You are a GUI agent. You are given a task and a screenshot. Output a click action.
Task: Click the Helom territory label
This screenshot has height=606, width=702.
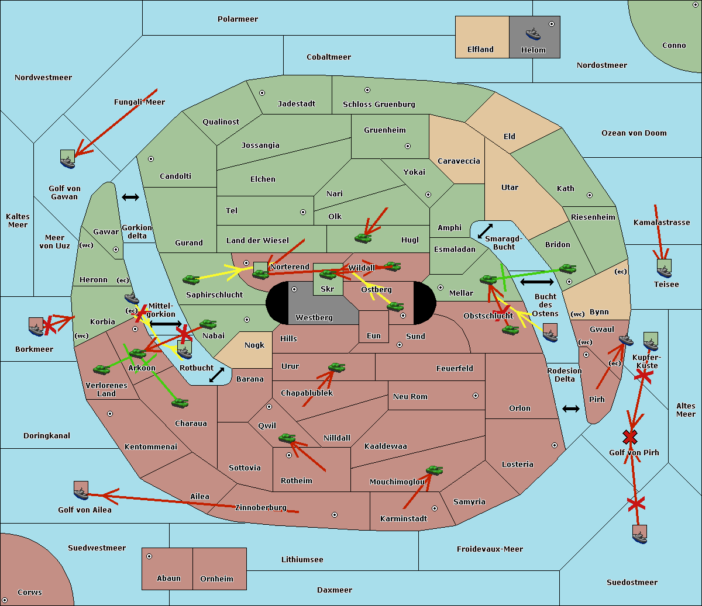(x=533, y=50)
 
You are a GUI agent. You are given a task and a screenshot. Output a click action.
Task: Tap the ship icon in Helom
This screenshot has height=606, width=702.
(x=533, y=33)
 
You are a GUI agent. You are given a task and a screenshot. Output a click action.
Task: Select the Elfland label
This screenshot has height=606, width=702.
(x=480, y=50)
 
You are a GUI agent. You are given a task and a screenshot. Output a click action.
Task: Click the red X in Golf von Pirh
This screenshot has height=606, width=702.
(x=630, y=437)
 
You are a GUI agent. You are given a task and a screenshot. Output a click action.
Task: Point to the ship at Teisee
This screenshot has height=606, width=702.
(x=664, y=269)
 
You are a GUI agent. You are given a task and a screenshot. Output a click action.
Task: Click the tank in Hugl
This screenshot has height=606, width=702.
(x=363, y=238)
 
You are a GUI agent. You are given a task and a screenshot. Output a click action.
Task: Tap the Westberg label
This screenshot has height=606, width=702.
(x=314, y=318)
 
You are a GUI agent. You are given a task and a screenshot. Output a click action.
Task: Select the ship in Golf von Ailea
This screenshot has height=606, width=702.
(x=81, y=491)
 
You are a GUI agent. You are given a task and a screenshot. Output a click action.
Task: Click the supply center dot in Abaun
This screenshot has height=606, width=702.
(x=149, y=556)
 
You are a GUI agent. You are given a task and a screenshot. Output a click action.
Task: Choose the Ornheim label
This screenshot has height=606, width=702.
(x=216, y=579)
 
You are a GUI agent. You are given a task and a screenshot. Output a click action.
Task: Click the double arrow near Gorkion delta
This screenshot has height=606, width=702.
(x=130, y=198)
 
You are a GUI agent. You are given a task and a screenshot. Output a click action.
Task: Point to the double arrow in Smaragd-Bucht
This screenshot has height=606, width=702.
(x=485, y=231)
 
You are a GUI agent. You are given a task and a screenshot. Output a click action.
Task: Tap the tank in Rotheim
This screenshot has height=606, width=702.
(x=287, y=438)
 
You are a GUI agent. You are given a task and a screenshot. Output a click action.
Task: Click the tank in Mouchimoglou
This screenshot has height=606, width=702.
(x=434, y=470)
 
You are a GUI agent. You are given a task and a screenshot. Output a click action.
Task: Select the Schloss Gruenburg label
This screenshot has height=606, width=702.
(x=378, y=105)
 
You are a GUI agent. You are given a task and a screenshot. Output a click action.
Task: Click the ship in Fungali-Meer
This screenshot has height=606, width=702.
(x=68, y=159)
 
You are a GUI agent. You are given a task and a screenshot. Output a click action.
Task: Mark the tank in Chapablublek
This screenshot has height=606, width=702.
(x=336, y=368)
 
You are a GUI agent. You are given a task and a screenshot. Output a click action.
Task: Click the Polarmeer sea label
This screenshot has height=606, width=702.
(x=238, y=19)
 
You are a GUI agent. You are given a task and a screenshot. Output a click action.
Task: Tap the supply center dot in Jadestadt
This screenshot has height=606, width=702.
(x=262, y=93)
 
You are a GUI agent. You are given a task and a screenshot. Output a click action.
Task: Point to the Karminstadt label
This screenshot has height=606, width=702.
(x=404, y=519)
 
